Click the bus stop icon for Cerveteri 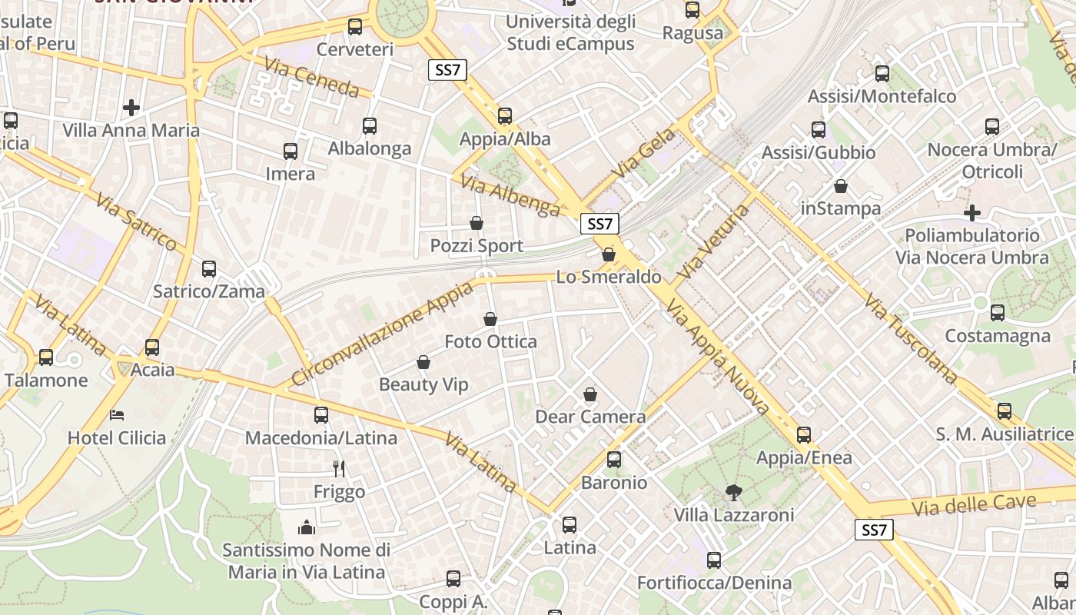[355, 27]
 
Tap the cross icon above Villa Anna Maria [131, 108]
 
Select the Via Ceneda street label [311, 77]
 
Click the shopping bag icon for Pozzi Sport [477, 224]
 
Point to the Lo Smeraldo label [608, 277]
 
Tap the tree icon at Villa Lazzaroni [734, 492]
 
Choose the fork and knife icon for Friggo [339, 468]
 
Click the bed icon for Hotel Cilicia [117, 415]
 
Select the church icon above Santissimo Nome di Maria [307, 527]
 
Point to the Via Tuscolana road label [911, 338]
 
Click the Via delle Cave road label [974, 505]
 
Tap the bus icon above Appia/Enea [804, 435]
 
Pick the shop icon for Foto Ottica [490, 319]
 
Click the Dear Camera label [590, 417]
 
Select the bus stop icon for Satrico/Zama [209, 269]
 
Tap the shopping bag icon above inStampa [841, 186]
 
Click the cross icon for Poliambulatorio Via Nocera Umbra [972, 212]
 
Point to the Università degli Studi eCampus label [570, 32]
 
